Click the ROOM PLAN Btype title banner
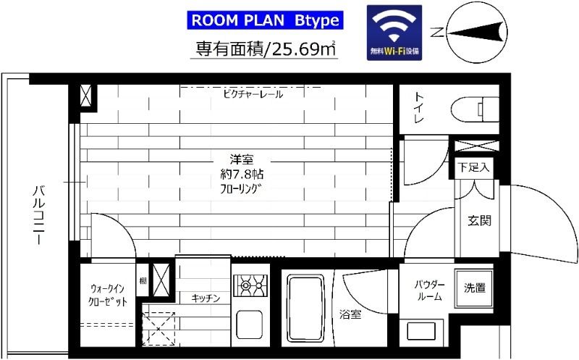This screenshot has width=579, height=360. point(265,20)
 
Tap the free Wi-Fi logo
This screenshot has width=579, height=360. point(394,33)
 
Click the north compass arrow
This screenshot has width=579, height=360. point(476,33)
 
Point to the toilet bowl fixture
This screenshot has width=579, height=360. point(475,109)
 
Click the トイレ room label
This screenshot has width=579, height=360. point(419,108)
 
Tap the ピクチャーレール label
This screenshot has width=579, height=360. point(253,94)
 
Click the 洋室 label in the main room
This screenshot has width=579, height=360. point(242,159)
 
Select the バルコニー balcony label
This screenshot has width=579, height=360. point(39,215)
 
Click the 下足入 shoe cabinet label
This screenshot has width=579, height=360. point(474,167)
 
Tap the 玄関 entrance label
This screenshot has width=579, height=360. point(479,221)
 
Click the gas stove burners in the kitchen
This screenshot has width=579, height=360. point(250,285)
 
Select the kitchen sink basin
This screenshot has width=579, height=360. point(249,325)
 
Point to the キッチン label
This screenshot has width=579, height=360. point(206,298)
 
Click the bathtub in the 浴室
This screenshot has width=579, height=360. point(305,309)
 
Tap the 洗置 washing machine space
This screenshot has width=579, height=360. point(475,288)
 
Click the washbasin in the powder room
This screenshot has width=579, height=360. point(421,331)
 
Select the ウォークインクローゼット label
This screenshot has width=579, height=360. point(107,295)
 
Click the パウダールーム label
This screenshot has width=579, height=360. point(429,290)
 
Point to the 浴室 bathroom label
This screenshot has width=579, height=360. point(350,314)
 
